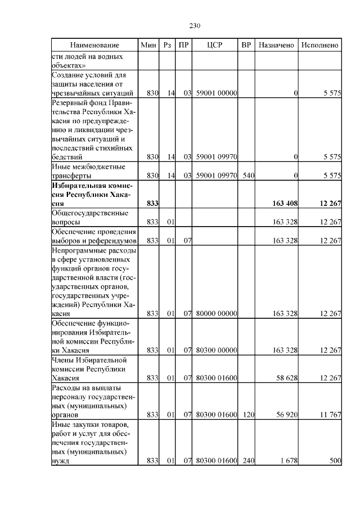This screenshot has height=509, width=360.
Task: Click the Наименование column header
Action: pyautogui.click(x=94, y=44)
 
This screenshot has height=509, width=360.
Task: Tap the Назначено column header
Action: pyautogui.click(x=276, y=44)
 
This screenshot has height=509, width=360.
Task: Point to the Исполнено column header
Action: pyautogui.click(x=319, y=44)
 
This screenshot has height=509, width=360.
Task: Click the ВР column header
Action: pyautogui.click(x=246, y=44)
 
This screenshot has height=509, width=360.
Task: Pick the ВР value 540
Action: pyautogui.click(x=248, y=175)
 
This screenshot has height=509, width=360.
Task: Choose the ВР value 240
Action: pyautogui.click(x=248, y=461)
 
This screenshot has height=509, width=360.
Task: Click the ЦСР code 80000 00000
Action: pyautogui.click(x=216, y=313)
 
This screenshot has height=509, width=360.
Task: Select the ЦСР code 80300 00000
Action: pyautogui.click(x=216, y=350)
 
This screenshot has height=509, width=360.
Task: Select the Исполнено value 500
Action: pyautogui.click(x=335, y=461)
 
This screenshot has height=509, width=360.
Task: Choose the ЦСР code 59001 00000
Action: pyautogui.click(x=216, y=93)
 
